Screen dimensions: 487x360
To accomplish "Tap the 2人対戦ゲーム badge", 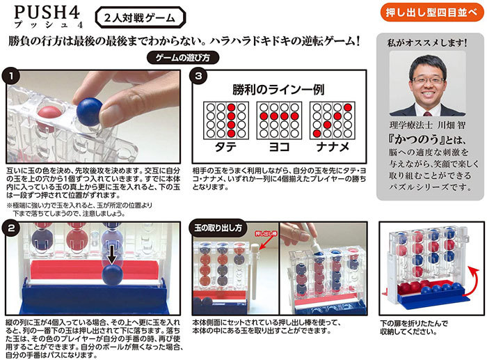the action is (140, 17).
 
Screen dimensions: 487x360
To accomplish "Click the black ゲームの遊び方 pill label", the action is (182, 58).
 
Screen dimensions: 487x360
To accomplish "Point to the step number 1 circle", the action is (11, 77).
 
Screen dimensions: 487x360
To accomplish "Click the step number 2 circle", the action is (12, 228).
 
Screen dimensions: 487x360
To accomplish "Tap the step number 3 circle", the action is (199, 76).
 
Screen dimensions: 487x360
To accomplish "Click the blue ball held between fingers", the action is (90, 111).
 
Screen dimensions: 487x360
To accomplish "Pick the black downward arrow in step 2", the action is (112, 254).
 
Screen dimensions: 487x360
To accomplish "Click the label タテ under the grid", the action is (226, 147).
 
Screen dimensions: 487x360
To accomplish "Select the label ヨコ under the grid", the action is (279, 147).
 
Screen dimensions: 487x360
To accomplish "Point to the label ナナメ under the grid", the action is (333, 147).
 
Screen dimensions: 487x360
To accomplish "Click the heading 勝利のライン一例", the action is (278, 90).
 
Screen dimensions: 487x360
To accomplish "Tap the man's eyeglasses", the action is (428, 81).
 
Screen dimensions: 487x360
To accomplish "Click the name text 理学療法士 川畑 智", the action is (428, 125).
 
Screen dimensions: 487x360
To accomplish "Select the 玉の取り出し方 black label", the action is (218, 228).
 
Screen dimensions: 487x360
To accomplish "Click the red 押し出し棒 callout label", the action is (266, 234).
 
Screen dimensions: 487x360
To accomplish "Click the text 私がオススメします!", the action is (427, 42).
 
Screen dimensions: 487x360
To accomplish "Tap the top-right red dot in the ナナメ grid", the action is (348, 107).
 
